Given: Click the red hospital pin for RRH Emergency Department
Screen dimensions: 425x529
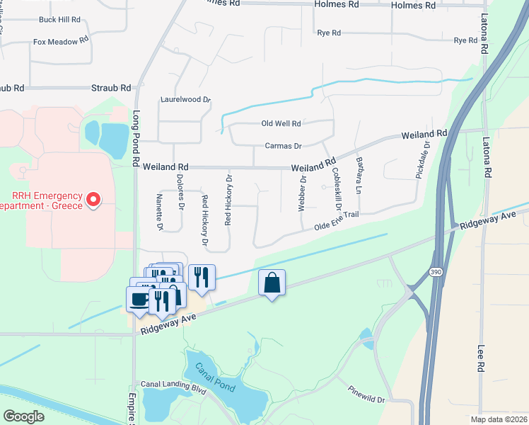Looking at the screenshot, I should (93, 200).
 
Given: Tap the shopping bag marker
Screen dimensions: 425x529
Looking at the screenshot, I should (272, 283).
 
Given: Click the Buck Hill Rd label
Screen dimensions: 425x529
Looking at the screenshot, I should (60, 20).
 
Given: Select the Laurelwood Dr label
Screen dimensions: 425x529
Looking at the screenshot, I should (185, 101).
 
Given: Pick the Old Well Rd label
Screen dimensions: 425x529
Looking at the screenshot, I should (281, 123).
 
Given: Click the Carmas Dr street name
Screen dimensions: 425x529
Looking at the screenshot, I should (283, 146).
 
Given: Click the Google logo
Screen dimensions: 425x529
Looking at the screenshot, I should (24, 416).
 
